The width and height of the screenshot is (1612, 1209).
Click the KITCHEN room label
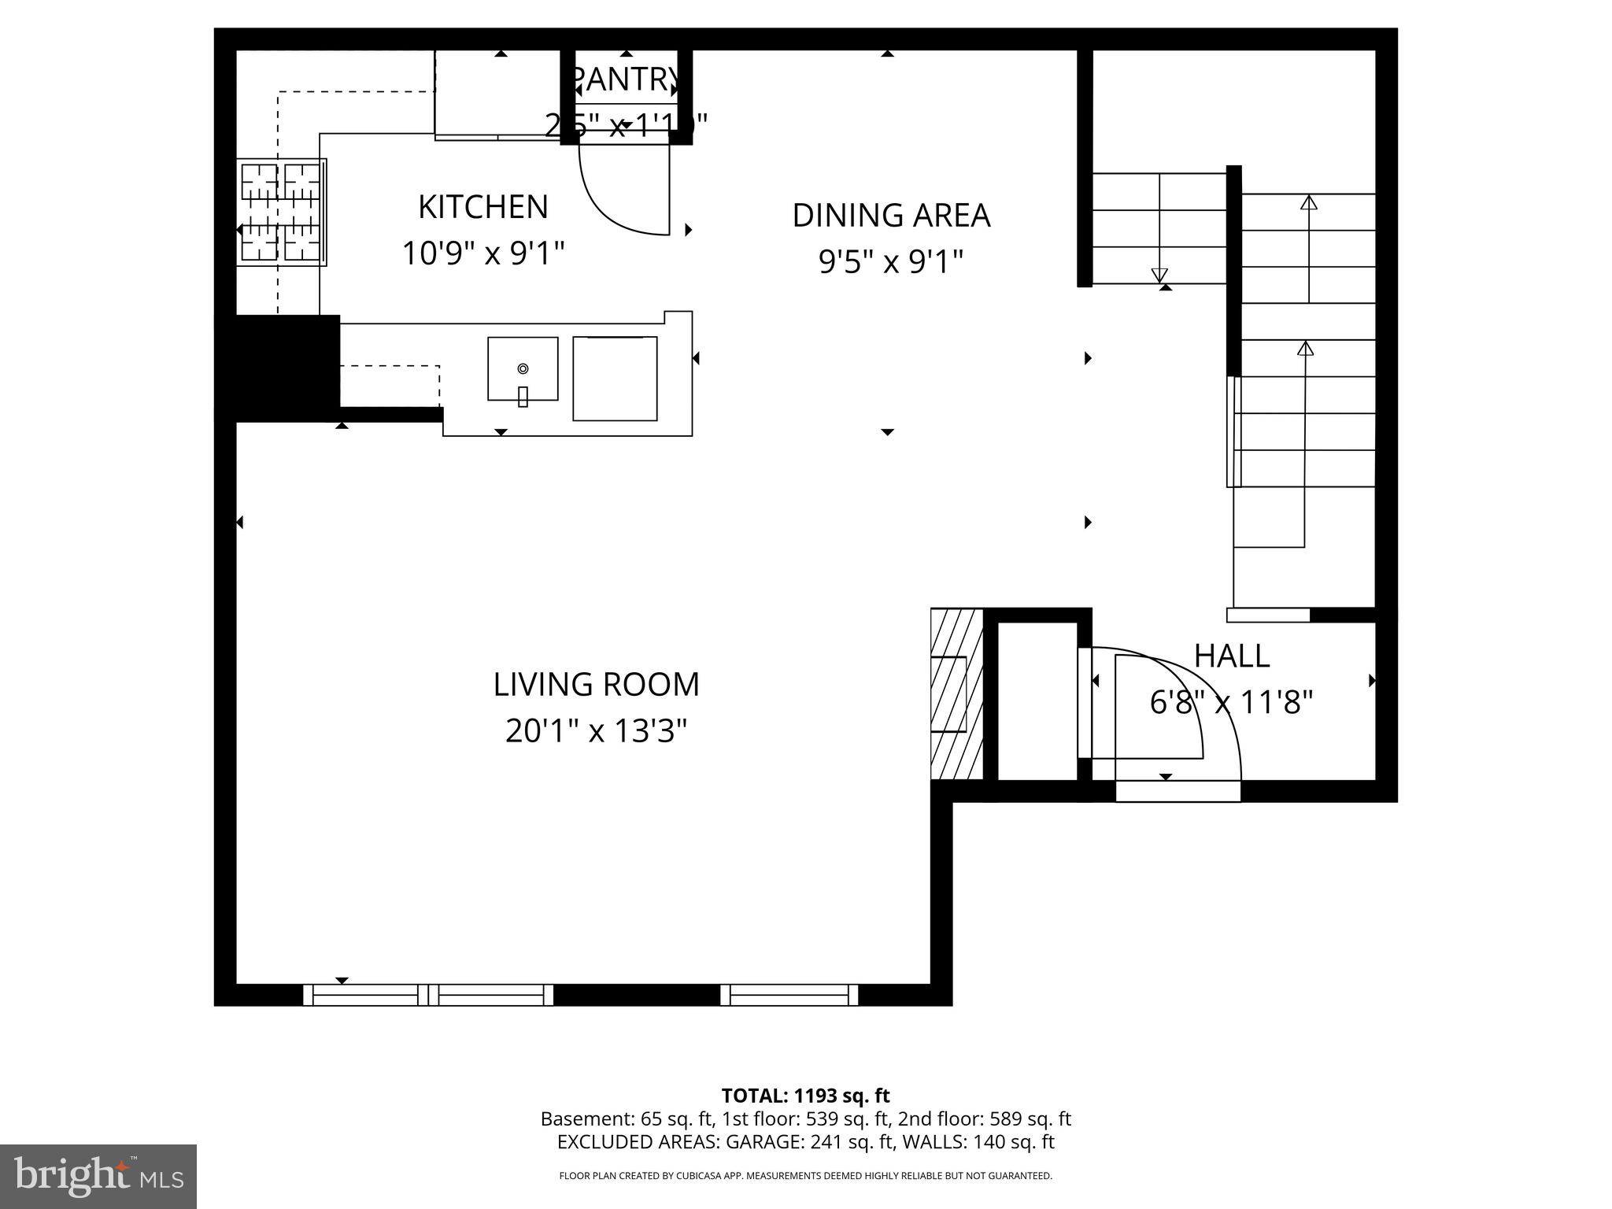[x=482, y=207]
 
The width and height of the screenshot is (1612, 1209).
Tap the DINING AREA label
[x=890, y=216]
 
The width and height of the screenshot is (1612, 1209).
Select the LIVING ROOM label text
[x=596, y=684]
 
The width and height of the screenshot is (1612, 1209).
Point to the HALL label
[x=1231, y=656]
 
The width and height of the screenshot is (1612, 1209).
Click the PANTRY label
[x=626, y=79]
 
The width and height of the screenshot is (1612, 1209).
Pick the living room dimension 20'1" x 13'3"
[x=596, y=730]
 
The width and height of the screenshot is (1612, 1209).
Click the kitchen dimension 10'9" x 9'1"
[x=482, y=253]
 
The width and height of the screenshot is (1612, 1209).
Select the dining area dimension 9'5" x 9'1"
[x=890, y=261]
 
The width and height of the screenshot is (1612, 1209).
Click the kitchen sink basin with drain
[x=523, y=368]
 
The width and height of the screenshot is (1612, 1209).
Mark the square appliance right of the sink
[x=615, y=378]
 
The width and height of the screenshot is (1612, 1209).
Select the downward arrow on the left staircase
[x=1159, y=274]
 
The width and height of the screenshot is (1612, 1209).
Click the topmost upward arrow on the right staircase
[x=1308, y=203]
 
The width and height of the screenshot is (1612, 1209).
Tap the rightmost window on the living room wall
[x=789, y=995]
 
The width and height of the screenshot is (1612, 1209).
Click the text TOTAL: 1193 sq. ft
[x=805, y=1096]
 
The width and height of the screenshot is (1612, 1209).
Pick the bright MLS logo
[x=98, y=1176]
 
